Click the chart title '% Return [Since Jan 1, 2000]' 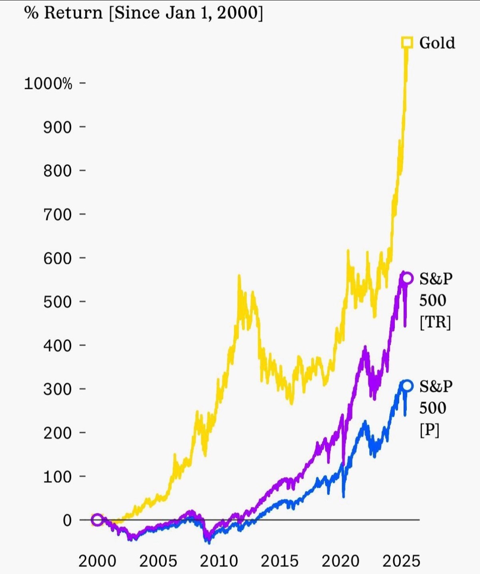(144, 13)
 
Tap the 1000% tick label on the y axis (48, 84)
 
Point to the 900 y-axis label (57, 127)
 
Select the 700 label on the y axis (57, 215)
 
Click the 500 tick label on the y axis (57, 302)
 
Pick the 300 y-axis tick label (57, 389)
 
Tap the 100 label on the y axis (57, 477)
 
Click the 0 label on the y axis (67, 520)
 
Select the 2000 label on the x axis (97, 561)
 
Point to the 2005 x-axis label (158, 561)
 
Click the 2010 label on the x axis (219, 561)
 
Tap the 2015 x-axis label (280, 561)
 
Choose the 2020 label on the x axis (340, 561)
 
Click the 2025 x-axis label (401, 561)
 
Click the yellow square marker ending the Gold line (407, 42)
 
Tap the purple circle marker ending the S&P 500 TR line (407, 278)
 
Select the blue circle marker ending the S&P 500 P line (407, 386)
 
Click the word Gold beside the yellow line (437, 43)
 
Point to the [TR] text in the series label (435, 322)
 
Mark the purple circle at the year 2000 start (97, 520)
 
